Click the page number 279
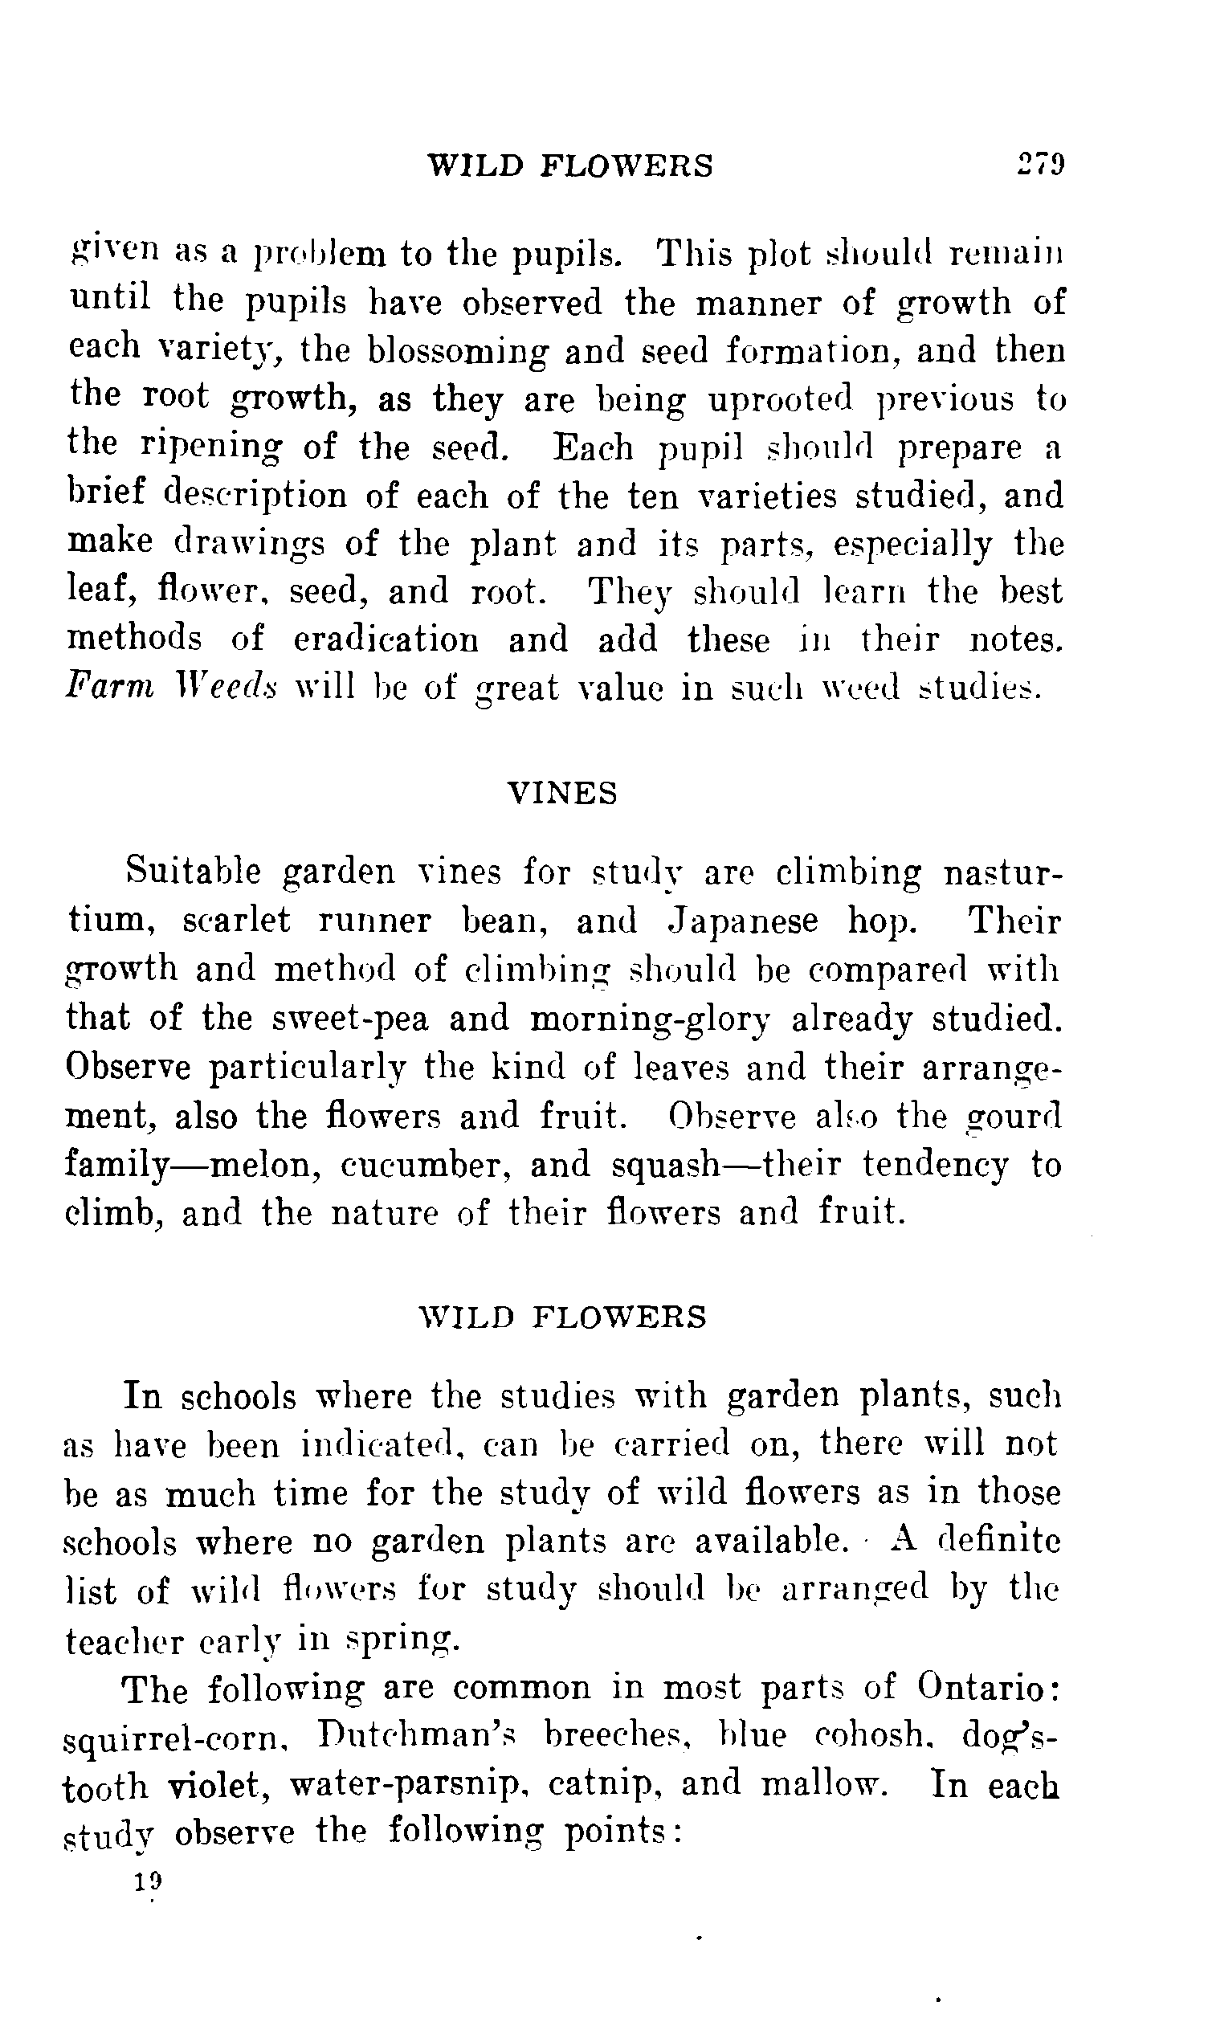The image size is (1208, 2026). (x=1040, y=165)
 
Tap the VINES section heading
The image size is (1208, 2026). (x=562, y=793)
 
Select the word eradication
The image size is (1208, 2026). (x=386, y=639)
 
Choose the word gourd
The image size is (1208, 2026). (x=1014, y=1117)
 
